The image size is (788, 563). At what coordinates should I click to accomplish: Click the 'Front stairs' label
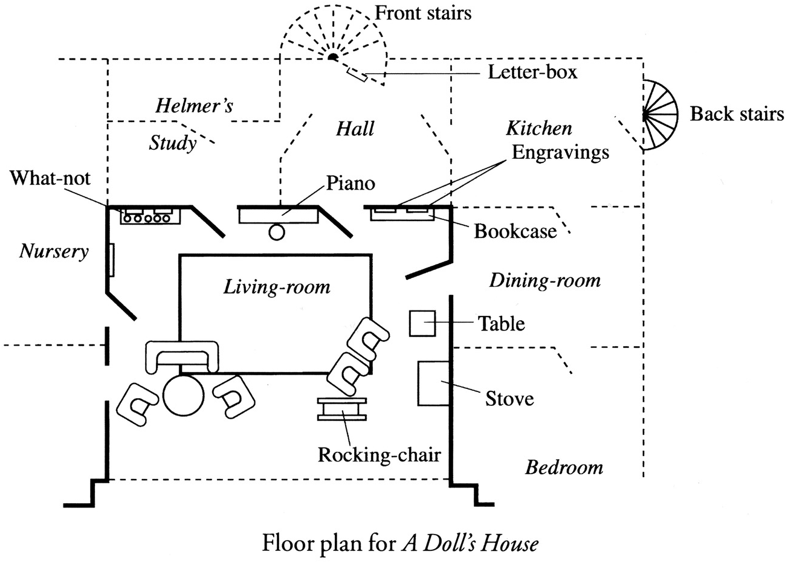[423, 13]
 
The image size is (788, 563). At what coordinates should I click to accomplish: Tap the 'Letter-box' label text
[532, 72]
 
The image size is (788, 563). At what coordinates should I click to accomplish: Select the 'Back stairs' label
[737, 114]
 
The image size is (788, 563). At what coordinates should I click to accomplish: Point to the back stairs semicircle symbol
[660, 115]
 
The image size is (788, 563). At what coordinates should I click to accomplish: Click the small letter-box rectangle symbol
[357, 74]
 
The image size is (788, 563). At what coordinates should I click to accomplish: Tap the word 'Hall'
[355, 128]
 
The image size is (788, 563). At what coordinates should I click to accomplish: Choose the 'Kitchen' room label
[539, 128]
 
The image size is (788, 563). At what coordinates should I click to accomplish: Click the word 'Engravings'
[560, 153]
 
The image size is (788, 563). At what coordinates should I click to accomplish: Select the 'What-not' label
[50, 178]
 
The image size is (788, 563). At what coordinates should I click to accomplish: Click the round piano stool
[277, 232]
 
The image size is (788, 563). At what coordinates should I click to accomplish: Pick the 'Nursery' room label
[54, 252]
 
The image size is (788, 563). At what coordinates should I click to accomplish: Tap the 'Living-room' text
[277, 287]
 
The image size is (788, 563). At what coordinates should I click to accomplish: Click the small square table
[422, 323]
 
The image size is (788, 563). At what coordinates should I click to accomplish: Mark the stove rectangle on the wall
[434, 384]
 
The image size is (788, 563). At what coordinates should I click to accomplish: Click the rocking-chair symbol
[341, 409]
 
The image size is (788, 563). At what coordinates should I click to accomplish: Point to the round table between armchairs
[183, 395]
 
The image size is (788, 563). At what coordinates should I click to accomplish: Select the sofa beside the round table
[181, 356]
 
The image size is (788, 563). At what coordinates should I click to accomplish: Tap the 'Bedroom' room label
[564, 468]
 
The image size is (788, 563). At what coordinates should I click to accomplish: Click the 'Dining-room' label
[545, 281]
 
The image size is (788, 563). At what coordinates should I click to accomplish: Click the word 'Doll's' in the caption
[441, 543]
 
